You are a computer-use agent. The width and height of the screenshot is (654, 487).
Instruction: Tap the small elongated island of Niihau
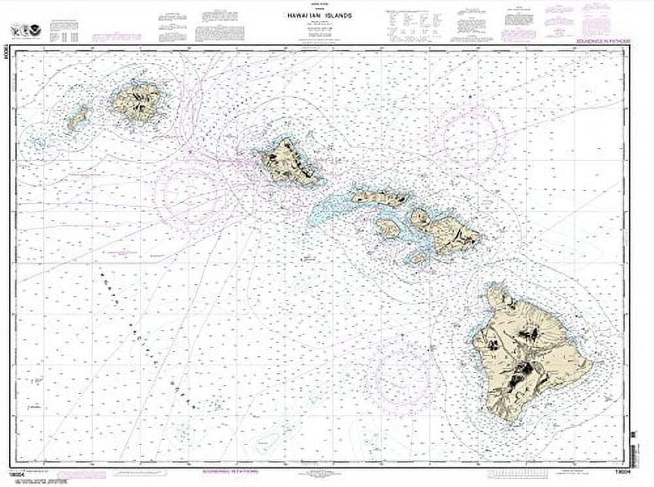78,119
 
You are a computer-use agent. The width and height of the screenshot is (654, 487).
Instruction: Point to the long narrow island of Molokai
381,196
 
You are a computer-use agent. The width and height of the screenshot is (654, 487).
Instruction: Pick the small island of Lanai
388,228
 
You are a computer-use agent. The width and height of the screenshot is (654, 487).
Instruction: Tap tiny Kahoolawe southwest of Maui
419,258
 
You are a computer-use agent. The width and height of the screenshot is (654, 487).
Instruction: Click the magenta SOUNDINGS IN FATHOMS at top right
602,41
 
